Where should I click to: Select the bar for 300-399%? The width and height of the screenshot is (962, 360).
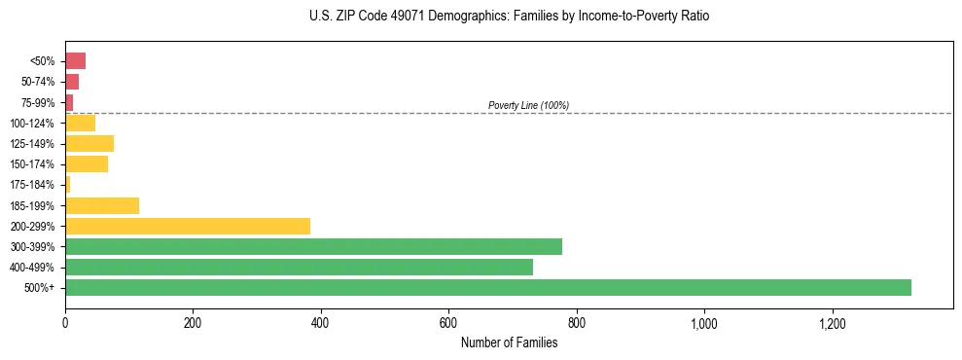point(313,246)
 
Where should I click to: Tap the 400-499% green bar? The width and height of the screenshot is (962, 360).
point(299,267)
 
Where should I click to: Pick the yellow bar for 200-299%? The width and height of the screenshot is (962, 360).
point(188,226)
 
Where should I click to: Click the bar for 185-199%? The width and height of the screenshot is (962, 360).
point(102,205)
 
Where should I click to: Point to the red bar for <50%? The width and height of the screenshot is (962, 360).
point(75,61)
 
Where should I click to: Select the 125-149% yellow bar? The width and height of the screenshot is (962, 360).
point(89,144)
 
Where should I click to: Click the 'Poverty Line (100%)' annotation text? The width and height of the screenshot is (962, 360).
point(528,105)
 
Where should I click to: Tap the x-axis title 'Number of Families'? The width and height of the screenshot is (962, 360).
point(509,342)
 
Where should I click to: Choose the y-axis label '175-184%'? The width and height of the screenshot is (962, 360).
point(32,185)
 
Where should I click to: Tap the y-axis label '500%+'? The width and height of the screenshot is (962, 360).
point(39,288)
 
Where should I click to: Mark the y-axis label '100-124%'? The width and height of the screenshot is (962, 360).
point(32,124)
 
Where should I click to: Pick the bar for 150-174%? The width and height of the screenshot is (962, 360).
point(87,164)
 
